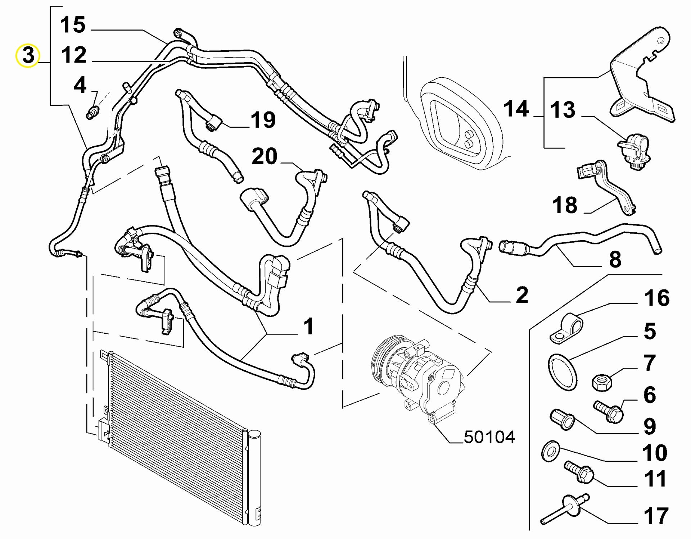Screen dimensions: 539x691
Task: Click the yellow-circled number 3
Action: coord(28,56)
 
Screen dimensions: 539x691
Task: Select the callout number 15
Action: coord(73,25)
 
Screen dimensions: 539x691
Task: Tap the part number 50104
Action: coord(489,437)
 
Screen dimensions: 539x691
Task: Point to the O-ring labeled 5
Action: coord(563,372)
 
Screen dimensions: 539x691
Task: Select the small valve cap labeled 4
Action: coord(92,112)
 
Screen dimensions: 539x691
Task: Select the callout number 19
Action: coord(263,120)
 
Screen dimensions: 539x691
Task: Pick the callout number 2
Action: coord(522,295)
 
